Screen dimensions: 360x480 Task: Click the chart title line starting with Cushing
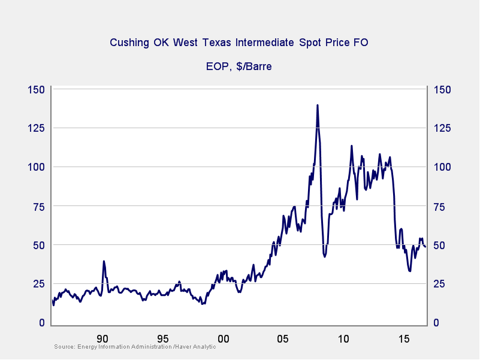click(x=239, y=43)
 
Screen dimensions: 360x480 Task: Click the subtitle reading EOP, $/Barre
click(x=239, y=66)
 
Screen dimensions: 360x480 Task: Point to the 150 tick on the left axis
click(x=37, y=90)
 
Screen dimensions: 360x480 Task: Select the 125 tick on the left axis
click(x=37, y=128)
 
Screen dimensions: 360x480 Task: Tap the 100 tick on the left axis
click(x=37, y=167)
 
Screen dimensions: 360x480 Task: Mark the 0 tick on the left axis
click(x=41, y=323)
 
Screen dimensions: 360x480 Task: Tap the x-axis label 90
click(x=102, y=337)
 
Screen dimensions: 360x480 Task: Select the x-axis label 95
click(x=163, y=337)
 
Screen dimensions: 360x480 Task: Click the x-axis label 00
click(x=223, y=337)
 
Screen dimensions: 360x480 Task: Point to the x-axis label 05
click(x=283, y=337)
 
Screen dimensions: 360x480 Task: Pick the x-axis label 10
click(x=343, y=337)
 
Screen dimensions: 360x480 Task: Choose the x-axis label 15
click(x=404, y=337)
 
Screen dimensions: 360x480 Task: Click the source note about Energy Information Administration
click(x=135, y=347)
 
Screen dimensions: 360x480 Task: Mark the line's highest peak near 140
click(x=317, y=105)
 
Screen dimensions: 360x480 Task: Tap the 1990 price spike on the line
click(x=104, y=261)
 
